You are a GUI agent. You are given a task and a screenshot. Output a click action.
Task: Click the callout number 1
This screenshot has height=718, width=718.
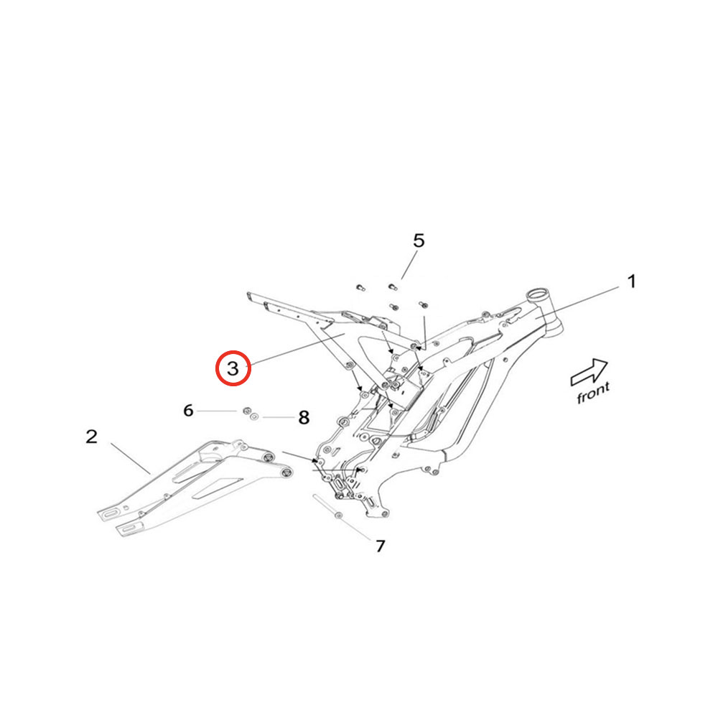click(631, 281)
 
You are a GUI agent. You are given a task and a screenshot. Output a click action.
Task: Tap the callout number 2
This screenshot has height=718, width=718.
click(92, 437)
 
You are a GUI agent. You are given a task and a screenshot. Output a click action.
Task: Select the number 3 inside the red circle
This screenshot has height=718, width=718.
click(233, 368)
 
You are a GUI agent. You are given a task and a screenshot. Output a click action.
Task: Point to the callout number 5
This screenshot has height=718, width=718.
click(419, 241)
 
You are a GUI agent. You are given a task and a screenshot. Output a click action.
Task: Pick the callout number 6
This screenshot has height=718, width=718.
click(188, 410)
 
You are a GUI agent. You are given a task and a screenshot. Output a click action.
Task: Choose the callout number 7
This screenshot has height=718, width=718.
click(380, 546)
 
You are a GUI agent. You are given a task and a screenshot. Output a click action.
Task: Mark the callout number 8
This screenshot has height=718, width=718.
click(304, 417)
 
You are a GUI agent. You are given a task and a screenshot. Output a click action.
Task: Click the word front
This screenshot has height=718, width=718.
click(593, 393)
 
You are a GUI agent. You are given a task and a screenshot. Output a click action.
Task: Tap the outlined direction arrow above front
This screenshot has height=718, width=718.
click(589, 371)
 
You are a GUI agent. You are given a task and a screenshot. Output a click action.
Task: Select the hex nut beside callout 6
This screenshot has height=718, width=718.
click(246, 410)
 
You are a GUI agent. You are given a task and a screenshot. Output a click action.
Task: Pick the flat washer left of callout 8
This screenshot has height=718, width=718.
click(253, 416)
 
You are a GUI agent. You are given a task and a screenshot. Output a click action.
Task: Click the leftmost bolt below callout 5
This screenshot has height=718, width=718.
click(360, 288)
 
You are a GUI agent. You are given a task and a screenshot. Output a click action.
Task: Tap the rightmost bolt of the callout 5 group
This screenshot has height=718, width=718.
click(423, 304)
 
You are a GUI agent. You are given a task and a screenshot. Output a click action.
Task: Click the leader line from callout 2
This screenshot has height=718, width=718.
click(131, 458)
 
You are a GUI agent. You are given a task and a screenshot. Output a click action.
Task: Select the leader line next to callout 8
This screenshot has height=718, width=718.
click(279, 418)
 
